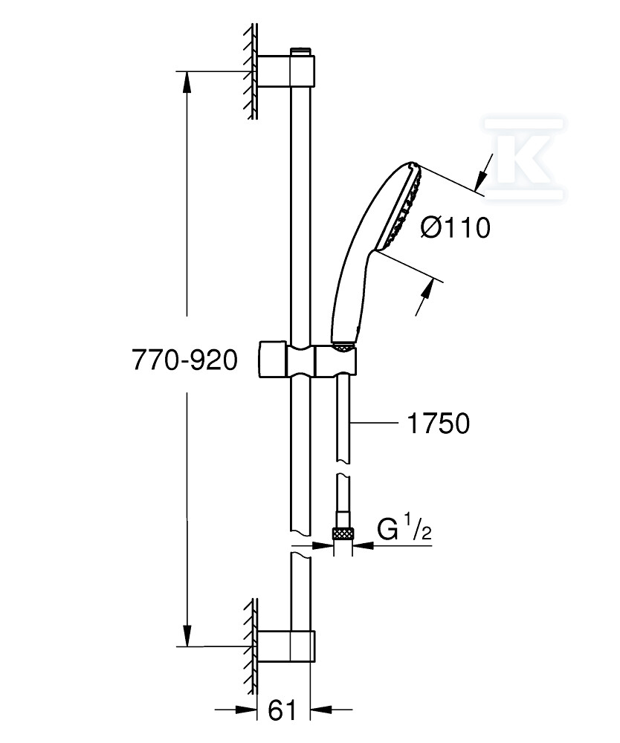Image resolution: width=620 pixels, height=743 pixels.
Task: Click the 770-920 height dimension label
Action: (x=184, y=360)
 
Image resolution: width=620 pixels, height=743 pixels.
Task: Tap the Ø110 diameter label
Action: (x=455, y=228)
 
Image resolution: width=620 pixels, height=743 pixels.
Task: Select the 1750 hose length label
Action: (x=439, y=424)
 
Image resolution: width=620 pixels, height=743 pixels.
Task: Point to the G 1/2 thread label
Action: (x=404, y=529)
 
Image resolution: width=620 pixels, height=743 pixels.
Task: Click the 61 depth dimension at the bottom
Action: (x=282, y=710)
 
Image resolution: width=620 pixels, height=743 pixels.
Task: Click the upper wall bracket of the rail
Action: (x=286, y=71)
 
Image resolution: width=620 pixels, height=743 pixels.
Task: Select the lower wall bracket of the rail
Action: (x=286, y=646)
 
